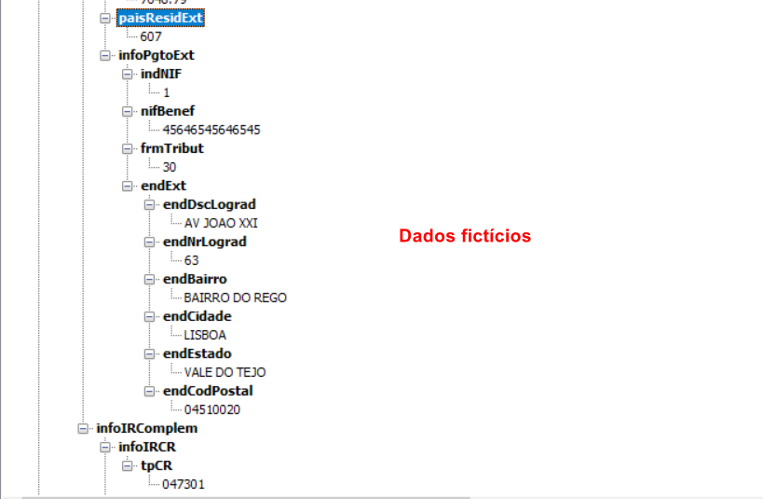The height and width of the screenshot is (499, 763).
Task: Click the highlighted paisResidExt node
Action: [x=160, y=18]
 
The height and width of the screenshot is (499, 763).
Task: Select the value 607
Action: [x=151, y=36]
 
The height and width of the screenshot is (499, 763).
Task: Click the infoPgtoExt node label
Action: [x=156, y=55]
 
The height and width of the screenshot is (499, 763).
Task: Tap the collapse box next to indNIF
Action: [x=128, y=74]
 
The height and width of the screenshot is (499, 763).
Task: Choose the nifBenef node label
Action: [x=167, y=111]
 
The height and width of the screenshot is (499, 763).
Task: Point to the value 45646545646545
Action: [x=211, y=130]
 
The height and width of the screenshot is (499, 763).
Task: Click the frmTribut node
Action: [x=171, y=148]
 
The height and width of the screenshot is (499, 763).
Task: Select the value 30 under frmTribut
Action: [x=170, y=167]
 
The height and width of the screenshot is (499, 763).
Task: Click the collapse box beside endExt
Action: [x=128, y=186]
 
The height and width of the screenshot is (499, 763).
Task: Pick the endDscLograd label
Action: [x=209, y=204]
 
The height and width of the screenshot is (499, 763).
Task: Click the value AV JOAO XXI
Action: [x=221, y=223]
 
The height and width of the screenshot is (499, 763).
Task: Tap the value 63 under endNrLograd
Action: [x=192, y=260]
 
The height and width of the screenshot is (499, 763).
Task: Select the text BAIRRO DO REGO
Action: [x=236, y=298]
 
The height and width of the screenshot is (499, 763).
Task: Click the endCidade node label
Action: [x=197, y=316]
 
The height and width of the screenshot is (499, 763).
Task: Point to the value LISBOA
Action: [x=205, y=335]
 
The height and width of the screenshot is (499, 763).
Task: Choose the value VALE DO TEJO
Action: [x=225, y=372]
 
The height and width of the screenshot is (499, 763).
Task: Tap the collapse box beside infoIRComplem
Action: [x=83, y=428]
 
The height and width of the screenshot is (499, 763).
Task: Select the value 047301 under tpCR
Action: [x=184, y=484]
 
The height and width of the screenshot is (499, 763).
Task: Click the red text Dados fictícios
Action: [x=465, y=236]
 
